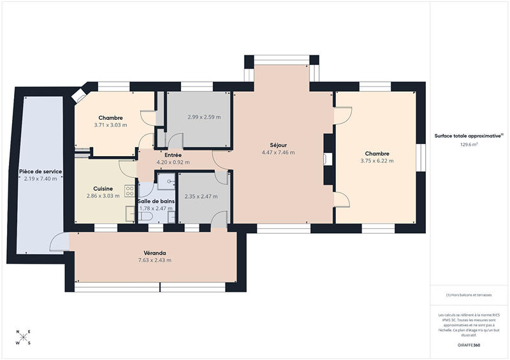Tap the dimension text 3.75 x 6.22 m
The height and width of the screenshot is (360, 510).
pyautogui.click(x=377, y=161)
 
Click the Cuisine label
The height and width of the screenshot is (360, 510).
pyautogui.click(x=103, y=188)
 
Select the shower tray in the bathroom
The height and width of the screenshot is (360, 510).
pyautogui.click(x=167, y=181)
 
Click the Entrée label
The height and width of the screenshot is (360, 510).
pyautogui.click(x=173, y=155)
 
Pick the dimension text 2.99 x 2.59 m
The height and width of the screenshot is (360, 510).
pyautogui.click(x=204, y=117)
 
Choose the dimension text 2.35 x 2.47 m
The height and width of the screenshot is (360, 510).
pyautogui.click(x=201, y=196)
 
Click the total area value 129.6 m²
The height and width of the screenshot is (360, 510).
pyautogui.click(x=469, y=145)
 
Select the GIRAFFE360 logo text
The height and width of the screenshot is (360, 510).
pyautogui.click(x=469, y=345)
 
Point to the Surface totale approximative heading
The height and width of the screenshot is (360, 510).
pyautogui.click(x=469, y=136)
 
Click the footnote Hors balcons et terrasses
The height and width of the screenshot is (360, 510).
pyautogui.click(x=469, y=294)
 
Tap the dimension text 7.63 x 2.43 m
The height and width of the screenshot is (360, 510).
pyautogui.click(x=155, y=260)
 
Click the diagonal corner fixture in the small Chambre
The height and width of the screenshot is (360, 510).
pyautogui.click(x=80, y=96)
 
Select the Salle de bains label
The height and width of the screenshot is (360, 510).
pyautogui.click(x=155, y=201)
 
